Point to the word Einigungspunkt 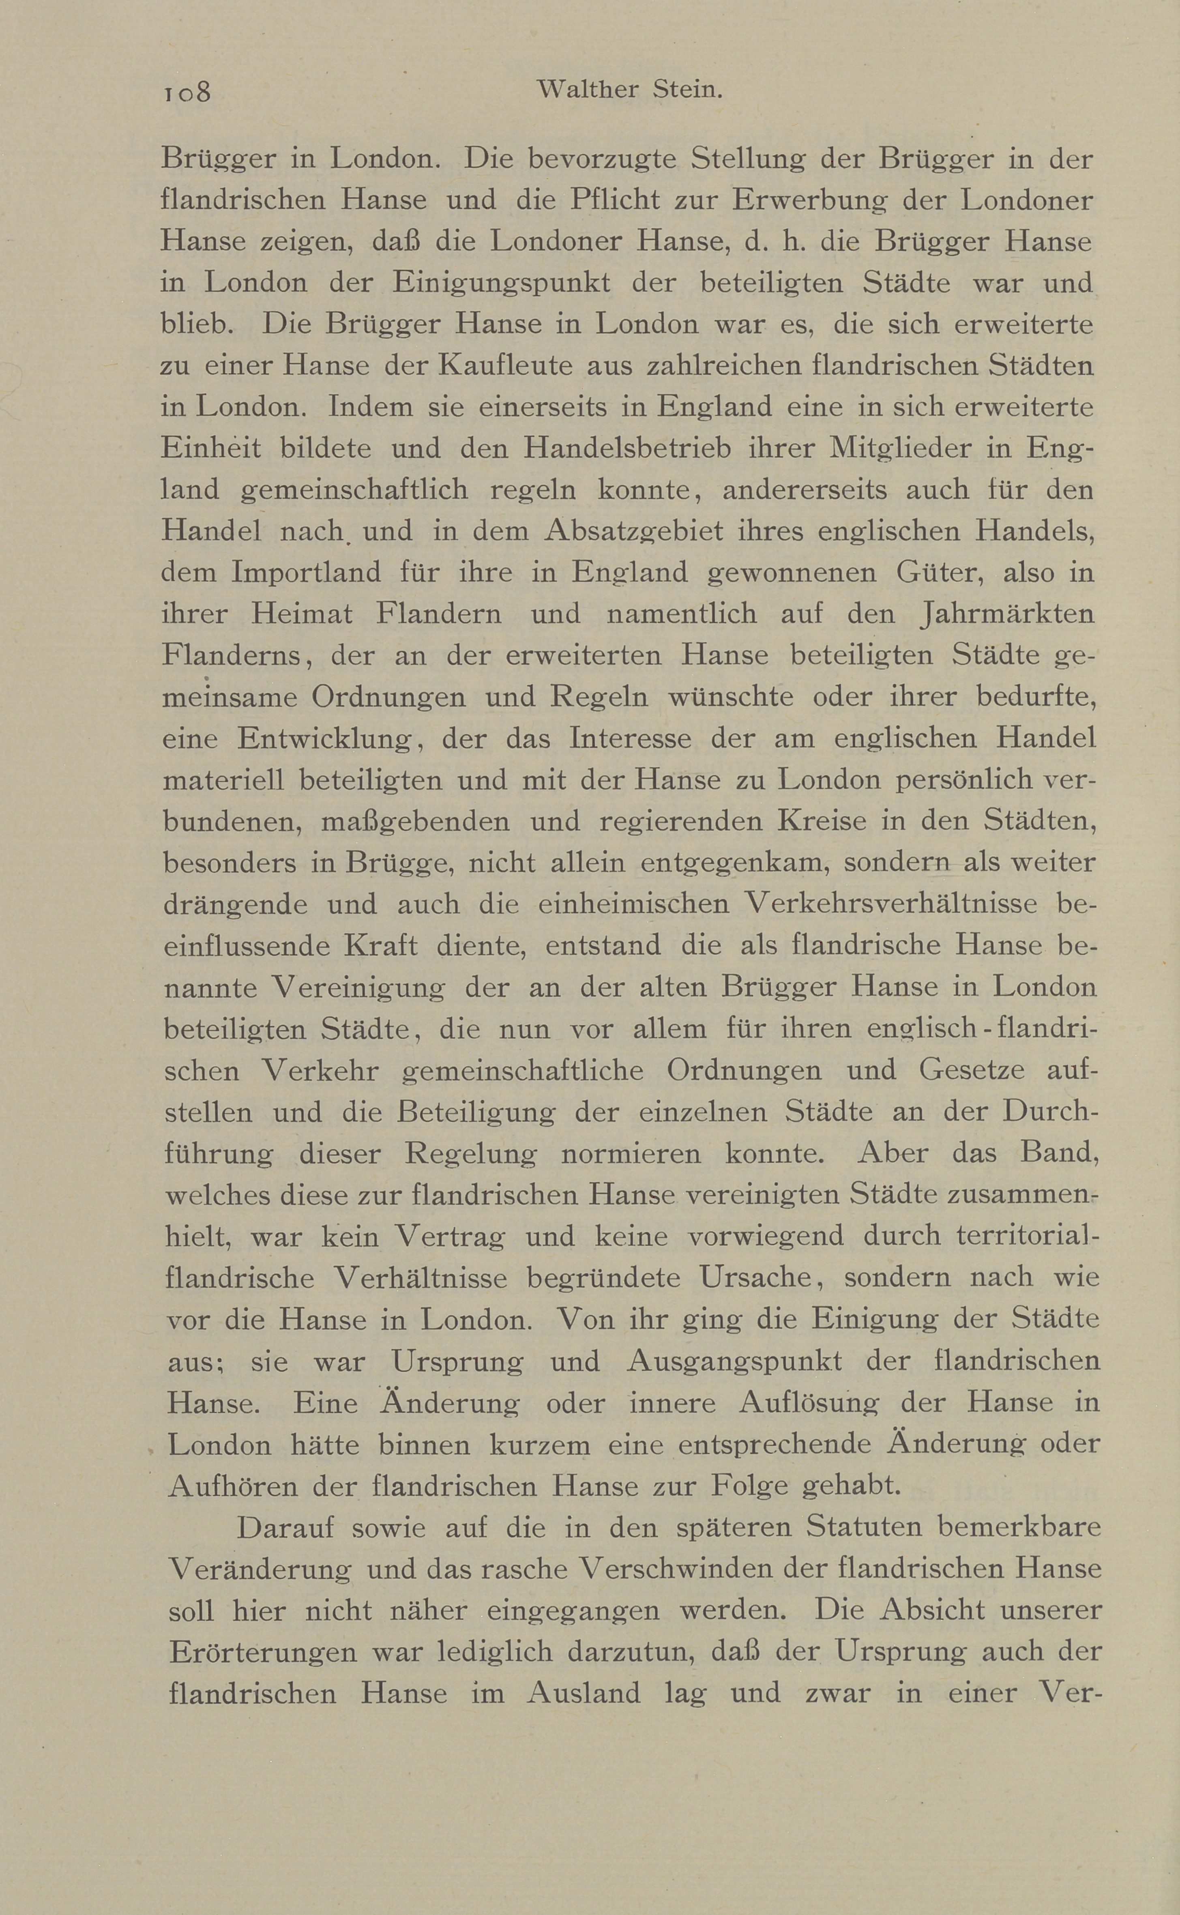click(x=502, y=283)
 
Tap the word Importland click(x=306, y=573)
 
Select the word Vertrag click(x=450, y=1236)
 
